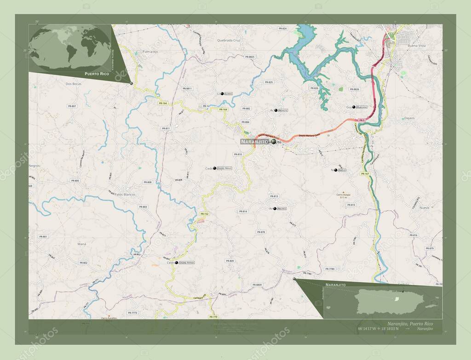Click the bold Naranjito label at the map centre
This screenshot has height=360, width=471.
pos(254,142)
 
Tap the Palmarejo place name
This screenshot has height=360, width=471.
pos(150,52)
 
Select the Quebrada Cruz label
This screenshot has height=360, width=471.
pos(229,40)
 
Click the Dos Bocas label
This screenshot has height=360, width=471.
pos(74,84)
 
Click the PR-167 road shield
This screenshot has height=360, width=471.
pos(365,174)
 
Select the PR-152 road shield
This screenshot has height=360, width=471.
pos(205,214)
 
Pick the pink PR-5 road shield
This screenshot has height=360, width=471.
pos(362,120)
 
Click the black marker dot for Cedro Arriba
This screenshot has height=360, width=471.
pos(176,263)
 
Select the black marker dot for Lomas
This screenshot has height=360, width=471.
pos(222,93)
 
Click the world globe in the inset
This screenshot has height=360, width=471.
pos(69,48)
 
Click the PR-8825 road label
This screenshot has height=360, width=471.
pos(250,57)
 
